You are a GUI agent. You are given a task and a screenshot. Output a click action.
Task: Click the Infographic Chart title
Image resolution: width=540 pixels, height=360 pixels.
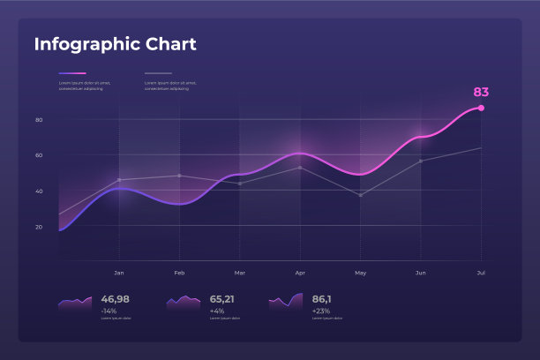click(x=115, y=44)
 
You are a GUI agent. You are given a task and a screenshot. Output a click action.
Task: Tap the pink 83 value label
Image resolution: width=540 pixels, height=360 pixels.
click(x=481, y=92)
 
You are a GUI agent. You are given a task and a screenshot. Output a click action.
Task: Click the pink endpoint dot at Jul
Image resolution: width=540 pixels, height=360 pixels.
click(x=481, y=108)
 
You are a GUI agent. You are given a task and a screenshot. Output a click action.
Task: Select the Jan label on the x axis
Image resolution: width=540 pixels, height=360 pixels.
click(x=119, y=273)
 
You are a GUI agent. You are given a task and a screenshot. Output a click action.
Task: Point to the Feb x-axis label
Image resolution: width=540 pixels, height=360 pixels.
click(x=179, y=273)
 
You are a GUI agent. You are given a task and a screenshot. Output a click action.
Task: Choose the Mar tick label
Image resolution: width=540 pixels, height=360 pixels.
click(x=239, y=273)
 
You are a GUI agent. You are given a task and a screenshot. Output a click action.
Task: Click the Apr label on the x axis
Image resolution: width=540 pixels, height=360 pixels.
click(x=300, y=273)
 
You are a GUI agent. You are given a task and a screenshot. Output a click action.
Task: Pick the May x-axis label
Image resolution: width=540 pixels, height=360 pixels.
click(x=360, y=273)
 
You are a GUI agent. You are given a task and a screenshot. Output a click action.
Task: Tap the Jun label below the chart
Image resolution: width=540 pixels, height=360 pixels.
click(x=420, y=273)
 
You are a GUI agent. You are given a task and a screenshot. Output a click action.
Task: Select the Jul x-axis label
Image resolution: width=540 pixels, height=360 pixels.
click(x=480, y=273)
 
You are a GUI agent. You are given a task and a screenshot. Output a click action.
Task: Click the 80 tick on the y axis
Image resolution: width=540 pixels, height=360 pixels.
click(x=39, y=119)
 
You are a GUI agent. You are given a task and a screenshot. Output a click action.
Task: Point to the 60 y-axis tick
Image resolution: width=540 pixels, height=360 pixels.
click(x=39, y=155)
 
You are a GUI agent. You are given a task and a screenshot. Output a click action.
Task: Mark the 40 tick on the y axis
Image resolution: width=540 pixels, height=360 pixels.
click(x=39, y=191)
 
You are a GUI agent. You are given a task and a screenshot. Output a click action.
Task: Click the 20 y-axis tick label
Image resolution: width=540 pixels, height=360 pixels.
click(x=39, y=227)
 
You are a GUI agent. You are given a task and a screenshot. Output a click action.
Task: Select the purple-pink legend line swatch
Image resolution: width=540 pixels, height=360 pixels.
click(x=72, y=73)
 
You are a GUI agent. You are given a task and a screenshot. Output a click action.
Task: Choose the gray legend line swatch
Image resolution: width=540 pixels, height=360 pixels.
click(x=158, y=73)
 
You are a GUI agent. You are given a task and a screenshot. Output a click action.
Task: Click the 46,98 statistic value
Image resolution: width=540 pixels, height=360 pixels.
click(x=115, y=299)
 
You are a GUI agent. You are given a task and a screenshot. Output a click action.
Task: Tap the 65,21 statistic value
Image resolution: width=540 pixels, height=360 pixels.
click(x=221, y=299)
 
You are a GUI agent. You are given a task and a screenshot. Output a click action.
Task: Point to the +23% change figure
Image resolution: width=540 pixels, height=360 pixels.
click(x=320, y=311)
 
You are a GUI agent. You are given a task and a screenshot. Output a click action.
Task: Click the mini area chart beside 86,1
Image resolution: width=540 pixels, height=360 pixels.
click(x=286, y=302)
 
